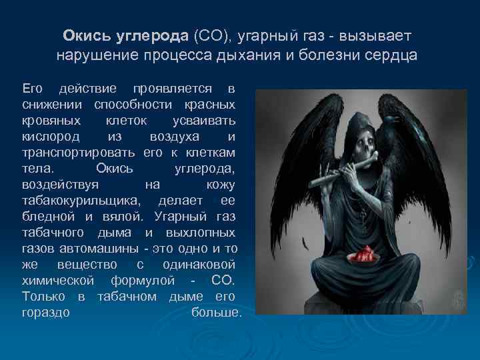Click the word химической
tap(56, 281)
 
